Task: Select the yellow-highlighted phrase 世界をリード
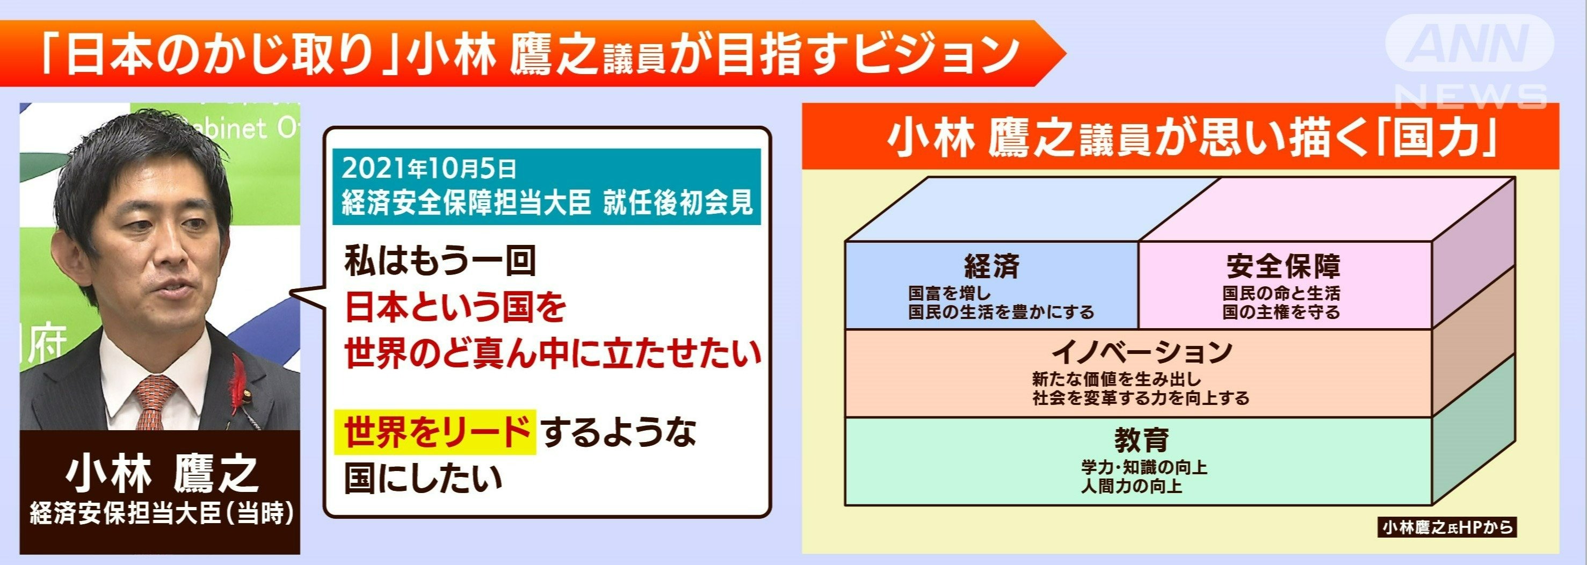[x=435, y=432]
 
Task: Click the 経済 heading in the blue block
[x=991, y=266]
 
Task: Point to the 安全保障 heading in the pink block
[x=1283, y=266]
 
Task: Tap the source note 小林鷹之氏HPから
[x=1446, y=528]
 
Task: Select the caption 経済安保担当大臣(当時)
[x=162, y=512]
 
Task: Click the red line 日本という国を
[x=455, y=307]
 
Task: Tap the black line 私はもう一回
[x=440, y=260]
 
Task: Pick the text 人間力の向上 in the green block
[x=1132, y=487]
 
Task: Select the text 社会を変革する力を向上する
[x=1141, y=398]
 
